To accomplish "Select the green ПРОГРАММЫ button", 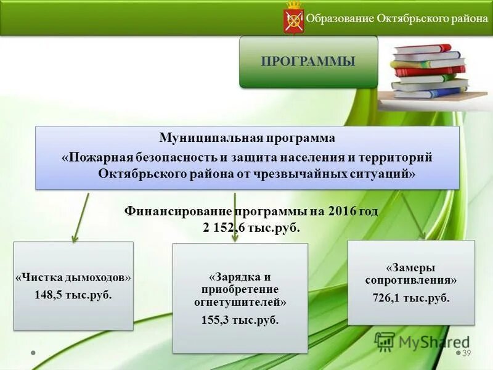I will coord(308,62).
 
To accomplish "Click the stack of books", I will coord(428,71).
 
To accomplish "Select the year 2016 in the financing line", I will coord(343,211).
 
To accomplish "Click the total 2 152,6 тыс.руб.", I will coord(251,228).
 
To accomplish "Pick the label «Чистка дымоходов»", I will coord(73,277).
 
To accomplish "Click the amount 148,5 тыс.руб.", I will coord(73,294).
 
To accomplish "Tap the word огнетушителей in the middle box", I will coord(240,303).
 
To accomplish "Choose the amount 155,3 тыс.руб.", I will coord(240,320).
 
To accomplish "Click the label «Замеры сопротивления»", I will coord(412,274).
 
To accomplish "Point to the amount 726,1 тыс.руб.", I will coord(412,298).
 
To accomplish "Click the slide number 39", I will coord(467,353).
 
